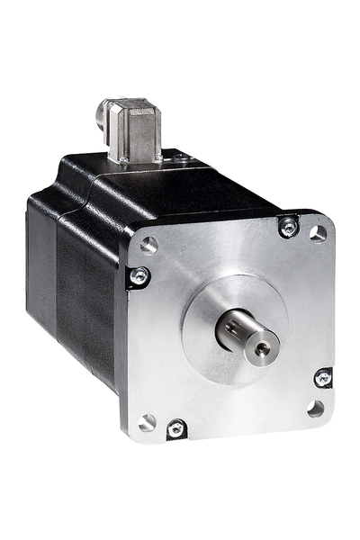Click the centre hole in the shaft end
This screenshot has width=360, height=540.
262,344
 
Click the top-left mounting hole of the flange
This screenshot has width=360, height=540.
148,244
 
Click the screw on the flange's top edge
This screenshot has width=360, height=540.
288,228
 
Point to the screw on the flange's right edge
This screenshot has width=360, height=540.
323,378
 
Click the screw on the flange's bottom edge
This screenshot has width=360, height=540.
176,427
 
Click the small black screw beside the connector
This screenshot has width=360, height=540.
179,160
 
